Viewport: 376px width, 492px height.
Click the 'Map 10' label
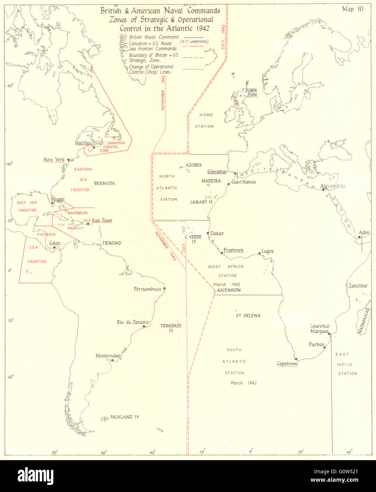tap(352, 9)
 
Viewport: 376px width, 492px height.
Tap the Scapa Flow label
tap(251, 92)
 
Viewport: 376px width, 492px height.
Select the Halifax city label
tap(83, 143)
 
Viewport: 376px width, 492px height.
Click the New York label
tap(54, 160)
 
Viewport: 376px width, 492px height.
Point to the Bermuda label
tap(104, 183)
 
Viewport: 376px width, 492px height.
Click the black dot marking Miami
tap(52, 203)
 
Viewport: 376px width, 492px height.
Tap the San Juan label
tap(102, 220)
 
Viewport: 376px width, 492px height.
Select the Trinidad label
tap(112, 243)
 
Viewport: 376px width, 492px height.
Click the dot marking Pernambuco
tap(164, 288)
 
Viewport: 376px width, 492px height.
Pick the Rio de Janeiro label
tap(133, 322)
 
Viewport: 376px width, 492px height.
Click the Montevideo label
tap(108, 356)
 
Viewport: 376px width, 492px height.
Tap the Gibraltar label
tap(217, 172)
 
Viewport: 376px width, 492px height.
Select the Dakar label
tap(217, 234)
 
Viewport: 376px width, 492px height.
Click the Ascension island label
tap(229, 290)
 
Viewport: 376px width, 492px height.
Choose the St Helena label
tap(248, 315)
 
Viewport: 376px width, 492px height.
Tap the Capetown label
tap(287, 364)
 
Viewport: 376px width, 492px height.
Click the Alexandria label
tap(332, 186)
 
